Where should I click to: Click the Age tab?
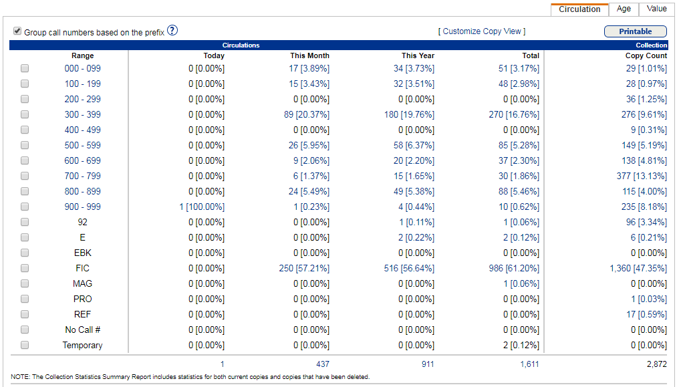pyautogui.click(x=624, y=9)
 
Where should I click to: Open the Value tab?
pyautogui.click(x=656, y=9)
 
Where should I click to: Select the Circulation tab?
pyautogui.click(x=579, y=9)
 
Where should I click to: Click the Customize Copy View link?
pyautogui.click(x=481, y=31)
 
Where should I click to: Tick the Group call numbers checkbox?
pyautogui.click(x=17, y=31)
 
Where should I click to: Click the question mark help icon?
pyautogui.click(x=172, y=31)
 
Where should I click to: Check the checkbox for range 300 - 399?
pyautogui.click(x=25, y=114)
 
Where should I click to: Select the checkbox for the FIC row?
pyautogui.click(x=25, y=268)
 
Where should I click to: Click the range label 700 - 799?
pyautogui.click(x=83, y=176)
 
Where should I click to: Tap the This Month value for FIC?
pyautogui.click(x=304, y=268)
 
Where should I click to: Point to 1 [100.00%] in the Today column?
pyautogui.click(x=202, y=207)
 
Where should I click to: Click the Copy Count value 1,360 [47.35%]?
pyautogui.click(x=638, y=268)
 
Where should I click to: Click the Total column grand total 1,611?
pyautogui.click(x=529, y=364)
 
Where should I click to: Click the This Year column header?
pyautogui.click(x=418, y=55)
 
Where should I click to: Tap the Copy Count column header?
pyautogui.click(x=646, y=55)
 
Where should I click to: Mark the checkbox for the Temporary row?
pyautogui.click(x=25, y=345)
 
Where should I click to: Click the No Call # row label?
pyautogui.click(x=83, y=330)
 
